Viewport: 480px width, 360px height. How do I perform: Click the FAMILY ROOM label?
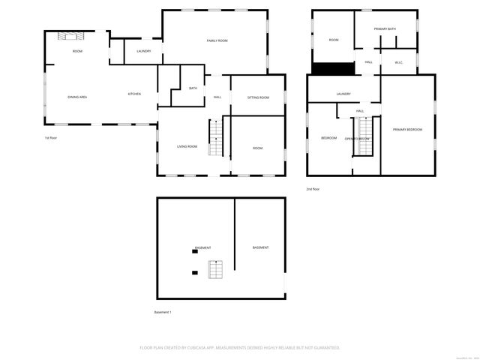pyautogui.click(x=217, y=40)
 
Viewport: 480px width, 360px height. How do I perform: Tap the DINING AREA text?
pyautogui.click(x=77, y=97)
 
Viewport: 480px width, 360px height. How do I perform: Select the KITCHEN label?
pyautogui.click(x=134, y=94)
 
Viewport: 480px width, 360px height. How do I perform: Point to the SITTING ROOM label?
pyautogui.click(x=259, y=97)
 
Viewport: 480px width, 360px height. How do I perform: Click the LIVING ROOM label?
pyautogui.click(x=187, y=146)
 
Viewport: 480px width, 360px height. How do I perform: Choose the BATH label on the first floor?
pyautogui.click(x=193, y=88)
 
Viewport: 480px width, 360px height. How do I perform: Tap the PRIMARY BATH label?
pyautogui.click(x=385, y=28)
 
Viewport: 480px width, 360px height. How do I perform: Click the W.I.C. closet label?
pyautogui.click(x=399, y=62)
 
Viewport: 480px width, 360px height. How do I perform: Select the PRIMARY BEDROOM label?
pyautogui.click(x=407, y=130)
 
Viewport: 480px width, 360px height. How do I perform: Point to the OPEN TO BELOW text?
pyautogui.click(x=357, y=139)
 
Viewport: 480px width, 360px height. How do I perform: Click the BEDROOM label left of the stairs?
pyautogui.click(x=329, y=138)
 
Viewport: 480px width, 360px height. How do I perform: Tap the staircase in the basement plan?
pyautogui.click(x=215, y=268)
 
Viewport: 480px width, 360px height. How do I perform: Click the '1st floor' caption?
pyautogui.click(x=51, y=139)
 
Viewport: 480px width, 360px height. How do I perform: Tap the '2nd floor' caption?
pyautogui.click(x=313, y=189)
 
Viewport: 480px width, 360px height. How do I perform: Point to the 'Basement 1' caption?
pyautogui.click(x=163, y=311)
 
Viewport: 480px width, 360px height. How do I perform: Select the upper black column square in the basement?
pyautogui.click(x=195, y=251)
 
